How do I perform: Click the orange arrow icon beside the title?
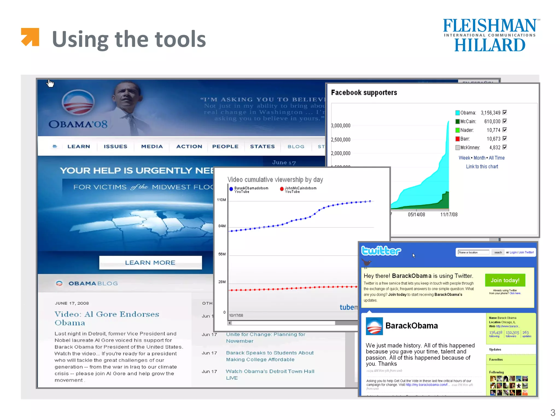point(30,37)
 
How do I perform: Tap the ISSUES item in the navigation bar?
point(115,147)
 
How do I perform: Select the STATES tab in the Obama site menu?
point(262,147)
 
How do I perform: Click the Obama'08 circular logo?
point(78,102)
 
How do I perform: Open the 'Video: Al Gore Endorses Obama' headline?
point(107,318)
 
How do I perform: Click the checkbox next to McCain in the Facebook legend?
point(505,121)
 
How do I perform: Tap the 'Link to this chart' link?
point(482,167)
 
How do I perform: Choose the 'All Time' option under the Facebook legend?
point(497,158)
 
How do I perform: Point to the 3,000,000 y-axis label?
point(341,126)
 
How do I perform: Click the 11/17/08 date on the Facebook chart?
point(449,215)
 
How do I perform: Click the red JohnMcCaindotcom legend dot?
point(282,189)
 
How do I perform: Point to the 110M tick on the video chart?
point(221,200)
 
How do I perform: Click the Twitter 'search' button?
point(498,252)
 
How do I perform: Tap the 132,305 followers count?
point(512,333)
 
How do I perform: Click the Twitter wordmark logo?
point(381,250)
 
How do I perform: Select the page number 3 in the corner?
point(553,412)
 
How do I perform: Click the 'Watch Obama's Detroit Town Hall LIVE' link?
point(270,374)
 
